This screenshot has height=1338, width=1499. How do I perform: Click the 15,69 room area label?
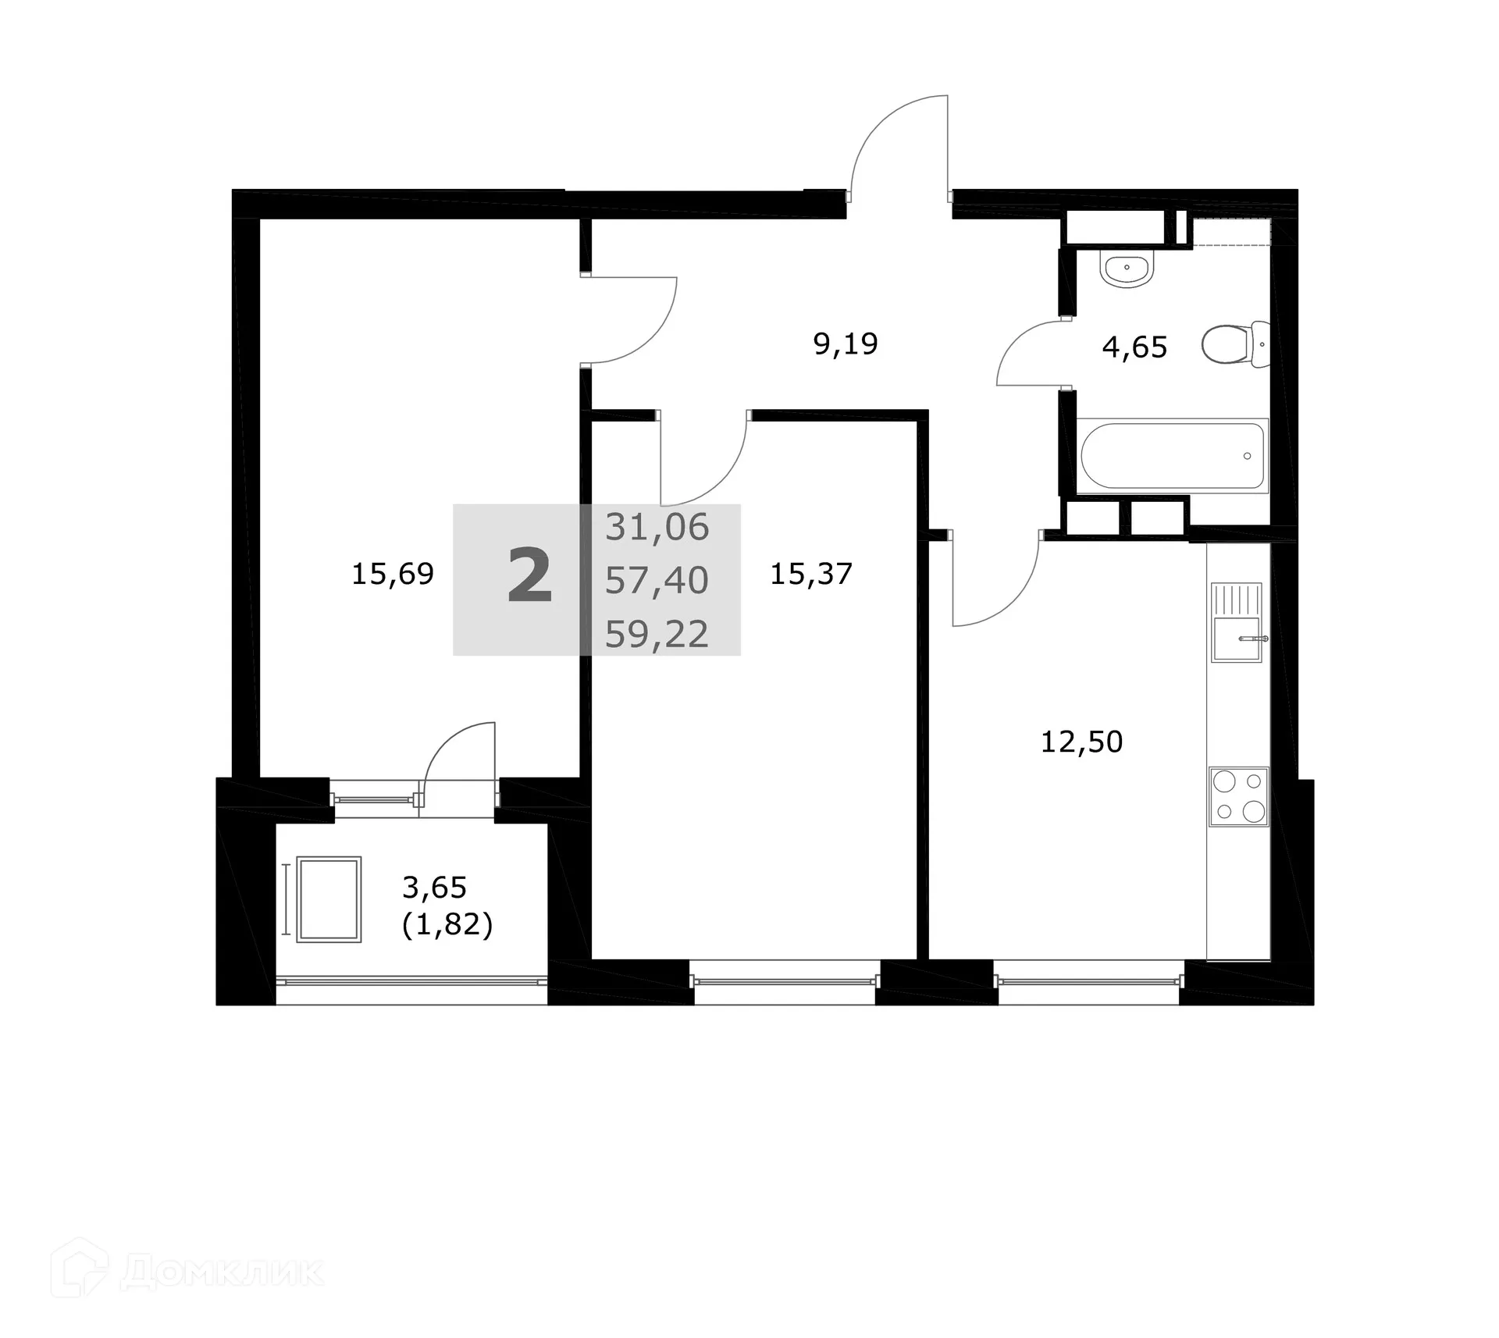pyautogui.click(x=392, y=575)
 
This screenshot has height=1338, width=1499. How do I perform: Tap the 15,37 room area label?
pyautogui.click(x=810, y=575)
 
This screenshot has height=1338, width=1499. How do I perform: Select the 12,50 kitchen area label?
pyautogui.click(x=1081, y=742)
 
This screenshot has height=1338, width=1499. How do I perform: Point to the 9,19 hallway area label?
pyautogui.click(x=846, y=343)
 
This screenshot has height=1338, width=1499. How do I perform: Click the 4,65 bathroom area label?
pyautogui.click(x=1134, y=347)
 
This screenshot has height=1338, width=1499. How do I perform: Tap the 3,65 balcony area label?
pyautogui.click(x=434, y=888)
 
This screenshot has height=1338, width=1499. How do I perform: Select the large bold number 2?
pyautogui.click(x=530, y=578)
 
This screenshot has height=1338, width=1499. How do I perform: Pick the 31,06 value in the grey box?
pyautogui.click(x=657, y=528)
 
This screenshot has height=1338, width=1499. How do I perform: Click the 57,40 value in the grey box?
pyautogui.click(x=657, y=581)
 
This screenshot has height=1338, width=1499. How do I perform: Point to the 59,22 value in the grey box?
pyautogui.click(x=657, y=634)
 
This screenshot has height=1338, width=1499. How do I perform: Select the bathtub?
pyautogui.click(x=1172, y=456)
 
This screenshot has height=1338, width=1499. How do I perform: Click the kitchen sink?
pyautogui.click(x=1236, y=622)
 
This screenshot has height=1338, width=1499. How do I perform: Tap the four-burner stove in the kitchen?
pyautogui.click(x=1239, y=796)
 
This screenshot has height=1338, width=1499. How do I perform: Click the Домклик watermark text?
pyautogui.click(x=222, y=1273)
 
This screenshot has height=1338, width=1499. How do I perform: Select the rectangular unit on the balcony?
pyautogui.click(x=329, y=899)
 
